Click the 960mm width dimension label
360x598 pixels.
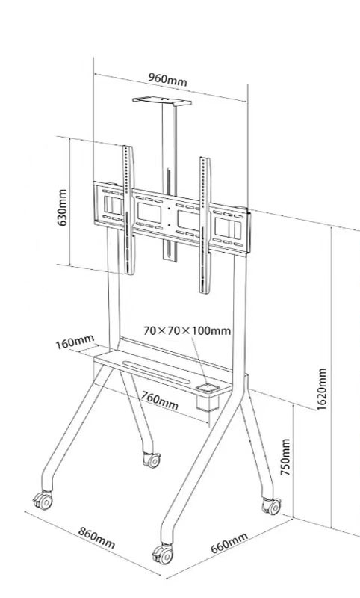click(x=167, y=80)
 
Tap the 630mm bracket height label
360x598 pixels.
click(x=62, y=208)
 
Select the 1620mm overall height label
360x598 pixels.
click(x=321, y=389)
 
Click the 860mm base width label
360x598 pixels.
click(x=96, y=537)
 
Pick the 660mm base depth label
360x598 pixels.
click(x=229, y=543)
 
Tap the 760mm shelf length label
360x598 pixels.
click(x=160, y=400)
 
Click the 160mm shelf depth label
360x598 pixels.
click(x=75, y=342)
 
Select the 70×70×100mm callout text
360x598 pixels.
click(x=187, y=330)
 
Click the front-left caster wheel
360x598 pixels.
click(x=43, y=500)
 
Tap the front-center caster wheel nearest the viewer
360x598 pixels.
click(x=163, y=554)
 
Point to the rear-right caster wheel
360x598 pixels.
click(x=272, y=506)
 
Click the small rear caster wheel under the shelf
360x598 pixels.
click(x=152, y=460)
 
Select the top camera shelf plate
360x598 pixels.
click(x=162, y=101)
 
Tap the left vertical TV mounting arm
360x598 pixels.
click(x=128, y=210)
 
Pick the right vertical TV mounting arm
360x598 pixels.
click(x=205, y=225)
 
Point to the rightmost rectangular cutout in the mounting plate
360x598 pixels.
click(x=229, y=229)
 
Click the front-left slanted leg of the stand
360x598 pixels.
click(x=75, y=426)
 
